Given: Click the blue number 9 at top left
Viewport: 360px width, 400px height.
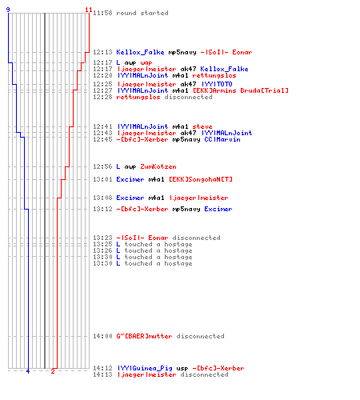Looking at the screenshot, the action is [x=8, y=10].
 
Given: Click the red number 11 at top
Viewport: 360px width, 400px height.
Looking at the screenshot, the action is [x=89, y=10].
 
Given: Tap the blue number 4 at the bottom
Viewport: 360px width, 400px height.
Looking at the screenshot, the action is [x=28, y=371].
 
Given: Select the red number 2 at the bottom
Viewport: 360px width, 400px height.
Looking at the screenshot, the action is [x=53, y=371].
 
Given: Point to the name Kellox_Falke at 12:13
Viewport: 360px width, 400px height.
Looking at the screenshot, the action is [x=140, y=52].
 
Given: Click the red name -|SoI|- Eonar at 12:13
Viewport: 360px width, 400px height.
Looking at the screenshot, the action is [x=226, y=52].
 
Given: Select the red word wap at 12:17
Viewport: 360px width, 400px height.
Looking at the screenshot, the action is [x=146, y=63].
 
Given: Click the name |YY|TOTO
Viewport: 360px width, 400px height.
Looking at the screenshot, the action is [x=217, y=84].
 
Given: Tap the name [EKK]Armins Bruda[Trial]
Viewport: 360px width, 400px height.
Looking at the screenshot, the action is [x=241, y=90].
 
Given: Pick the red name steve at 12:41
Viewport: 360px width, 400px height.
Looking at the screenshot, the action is [x=202, y=126].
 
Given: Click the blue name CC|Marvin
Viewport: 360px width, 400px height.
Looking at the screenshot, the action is [x=222, y=139].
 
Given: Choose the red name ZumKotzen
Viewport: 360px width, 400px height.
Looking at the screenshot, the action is [x=158, y=166].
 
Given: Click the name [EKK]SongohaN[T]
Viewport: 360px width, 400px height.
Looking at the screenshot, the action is [x=201, y=179].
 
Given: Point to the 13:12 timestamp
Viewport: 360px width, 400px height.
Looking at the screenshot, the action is [x=102, y=209].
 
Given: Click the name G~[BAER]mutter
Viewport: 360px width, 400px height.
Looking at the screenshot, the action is [x=144, y=336].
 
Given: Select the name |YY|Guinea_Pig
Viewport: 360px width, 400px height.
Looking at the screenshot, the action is [x=145, y=368].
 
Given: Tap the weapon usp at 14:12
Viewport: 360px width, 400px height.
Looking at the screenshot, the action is [x=182, y=369].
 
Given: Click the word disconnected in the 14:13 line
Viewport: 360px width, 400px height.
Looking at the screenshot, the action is [x=204, y=374].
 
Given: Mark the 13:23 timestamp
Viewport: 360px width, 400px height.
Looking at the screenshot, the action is [x=102, y=238].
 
